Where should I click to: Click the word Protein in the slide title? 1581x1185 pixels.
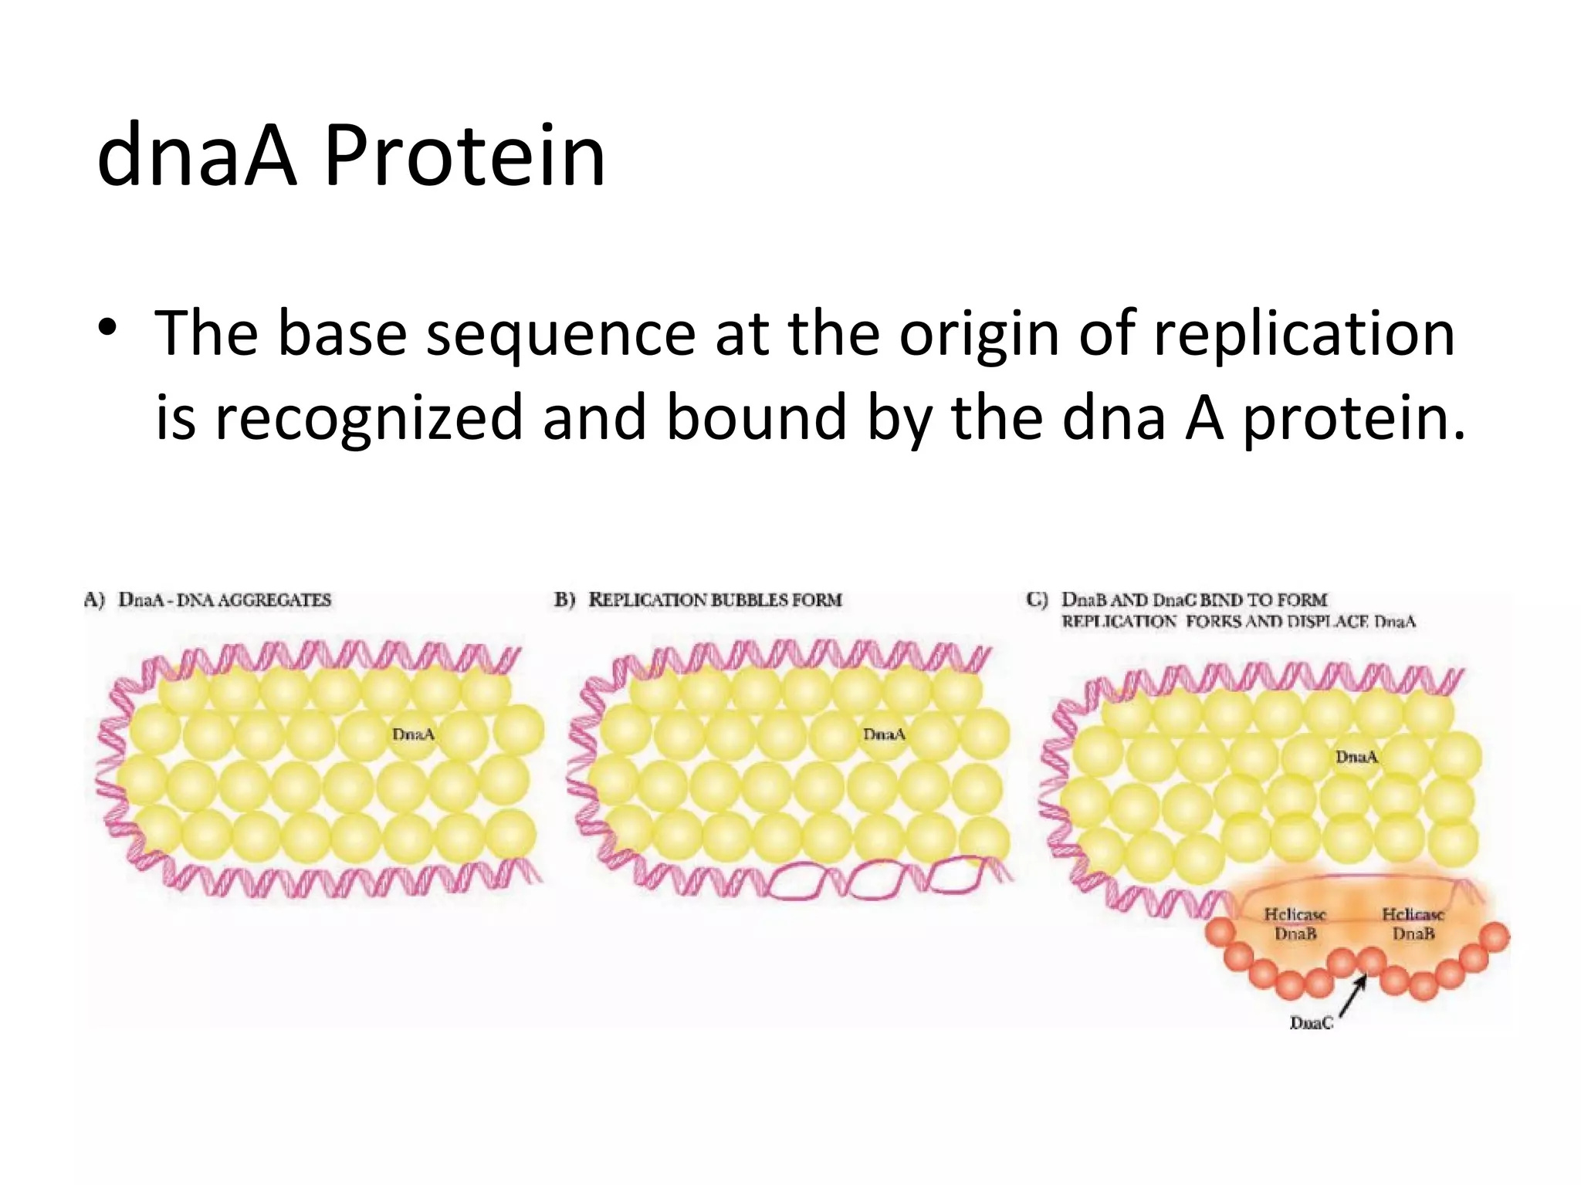(x=465, y=157)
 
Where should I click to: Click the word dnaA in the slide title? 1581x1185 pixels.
(x=197, y=157)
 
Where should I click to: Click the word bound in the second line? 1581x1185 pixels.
(x=756, y=417)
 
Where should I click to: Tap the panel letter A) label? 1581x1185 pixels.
(x=94, y=600)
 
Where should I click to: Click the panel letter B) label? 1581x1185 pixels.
(x=565, y=600)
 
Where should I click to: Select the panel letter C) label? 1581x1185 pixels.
(x=1038, y=600)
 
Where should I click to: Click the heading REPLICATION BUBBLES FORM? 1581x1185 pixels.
(x=715, y=600)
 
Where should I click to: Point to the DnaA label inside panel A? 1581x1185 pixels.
(x=414, y=734)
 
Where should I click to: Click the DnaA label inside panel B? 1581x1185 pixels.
(x=884, y=734)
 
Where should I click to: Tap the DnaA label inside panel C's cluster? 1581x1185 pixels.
(x=1356, y=757)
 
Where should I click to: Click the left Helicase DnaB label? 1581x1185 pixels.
(x=1295, y=924)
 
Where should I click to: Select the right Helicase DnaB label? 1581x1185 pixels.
(x=1413, y=924)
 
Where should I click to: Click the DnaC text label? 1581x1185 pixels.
(x=1311, y=1023)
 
